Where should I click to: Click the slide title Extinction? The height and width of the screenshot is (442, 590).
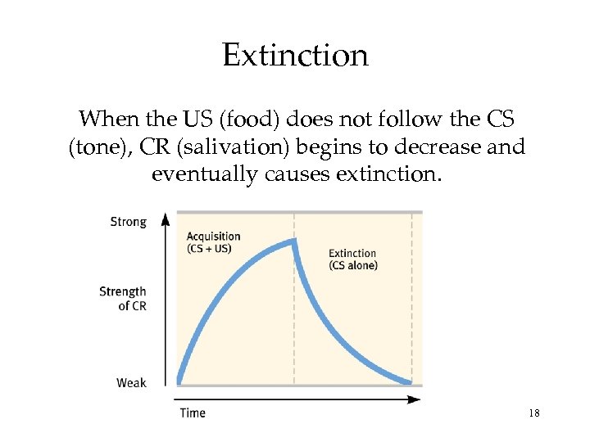[x=295, y=56]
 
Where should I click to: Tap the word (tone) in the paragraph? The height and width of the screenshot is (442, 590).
[x=98, y=147]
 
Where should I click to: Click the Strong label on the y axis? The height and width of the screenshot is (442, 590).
[x=128, y=222]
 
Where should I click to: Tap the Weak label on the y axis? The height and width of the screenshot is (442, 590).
[x=131, y=382]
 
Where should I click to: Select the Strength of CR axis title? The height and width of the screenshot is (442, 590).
[x=123, y=298]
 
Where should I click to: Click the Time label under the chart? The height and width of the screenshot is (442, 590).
[x=193, y=413]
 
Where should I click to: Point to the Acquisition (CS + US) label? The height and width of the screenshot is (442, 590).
[x=213, y=242]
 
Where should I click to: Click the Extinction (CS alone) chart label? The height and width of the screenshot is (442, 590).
[x=352, y=259]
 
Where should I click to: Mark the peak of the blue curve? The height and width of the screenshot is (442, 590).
[x=293, y=241]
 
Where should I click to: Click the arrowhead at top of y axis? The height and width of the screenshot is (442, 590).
[x=166, y=219]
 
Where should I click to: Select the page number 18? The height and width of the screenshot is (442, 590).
[x=534, y=413]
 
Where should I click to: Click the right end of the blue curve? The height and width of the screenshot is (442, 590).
[x=409, y=382]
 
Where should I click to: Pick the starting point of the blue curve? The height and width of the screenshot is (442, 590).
[x=179, y=381]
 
